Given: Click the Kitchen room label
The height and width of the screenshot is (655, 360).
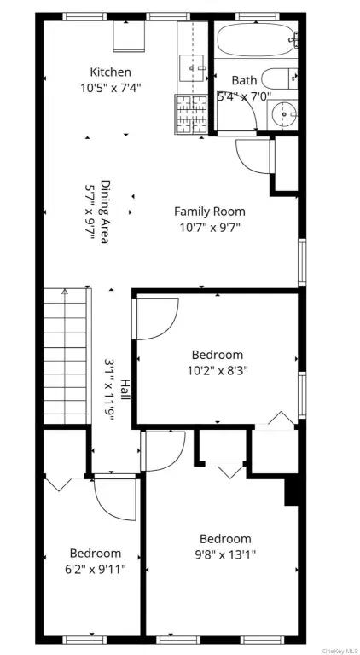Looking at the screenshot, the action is click(111, 72).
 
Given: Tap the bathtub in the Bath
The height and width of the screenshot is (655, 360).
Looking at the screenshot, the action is click(257, 40).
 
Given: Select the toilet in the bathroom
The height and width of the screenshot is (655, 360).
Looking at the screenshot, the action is click(280, 78).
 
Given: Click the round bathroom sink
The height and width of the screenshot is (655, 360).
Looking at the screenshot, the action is click(283, 113).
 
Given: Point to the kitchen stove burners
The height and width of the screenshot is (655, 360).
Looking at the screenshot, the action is click(191, 114).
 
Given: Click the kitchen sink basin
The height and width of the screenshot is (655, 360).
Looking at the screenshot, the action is click(191, 68).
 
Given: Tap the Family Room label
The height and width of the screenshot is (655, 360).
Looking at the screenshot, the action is click(210, 212).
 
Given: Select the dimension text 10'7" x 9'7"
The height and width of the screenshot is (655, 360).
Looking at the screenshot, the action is click(210, 227).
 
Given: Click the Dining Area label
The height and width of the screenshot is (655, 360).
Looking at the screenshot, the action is click(105, 212).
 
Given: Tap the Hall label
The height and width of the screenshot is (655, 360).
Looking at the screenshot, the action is click(125, 389).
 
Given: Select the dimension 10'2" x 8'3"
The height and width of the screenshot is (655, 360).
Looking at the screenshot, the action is click(218, 370).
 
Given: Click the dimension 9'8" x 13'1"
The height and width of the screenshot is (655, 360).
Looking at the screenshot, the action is click(225, 554).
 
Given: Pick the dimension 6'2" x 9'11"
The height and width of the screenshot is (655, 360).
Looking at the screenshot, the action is click(96, 569).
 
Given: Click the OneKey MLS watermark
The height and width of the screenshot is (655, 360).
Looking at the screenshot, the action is click(340, 651).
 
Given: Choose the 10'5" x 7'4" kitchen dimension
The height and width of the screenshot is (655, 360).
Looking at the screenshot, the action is click(111, 88).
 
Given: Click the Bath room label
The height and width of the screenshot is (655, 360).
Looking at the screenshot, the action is click(244, 80).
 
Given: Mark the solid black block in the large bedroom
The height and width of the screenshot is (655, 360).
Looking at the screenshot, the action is click(291, 492).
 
